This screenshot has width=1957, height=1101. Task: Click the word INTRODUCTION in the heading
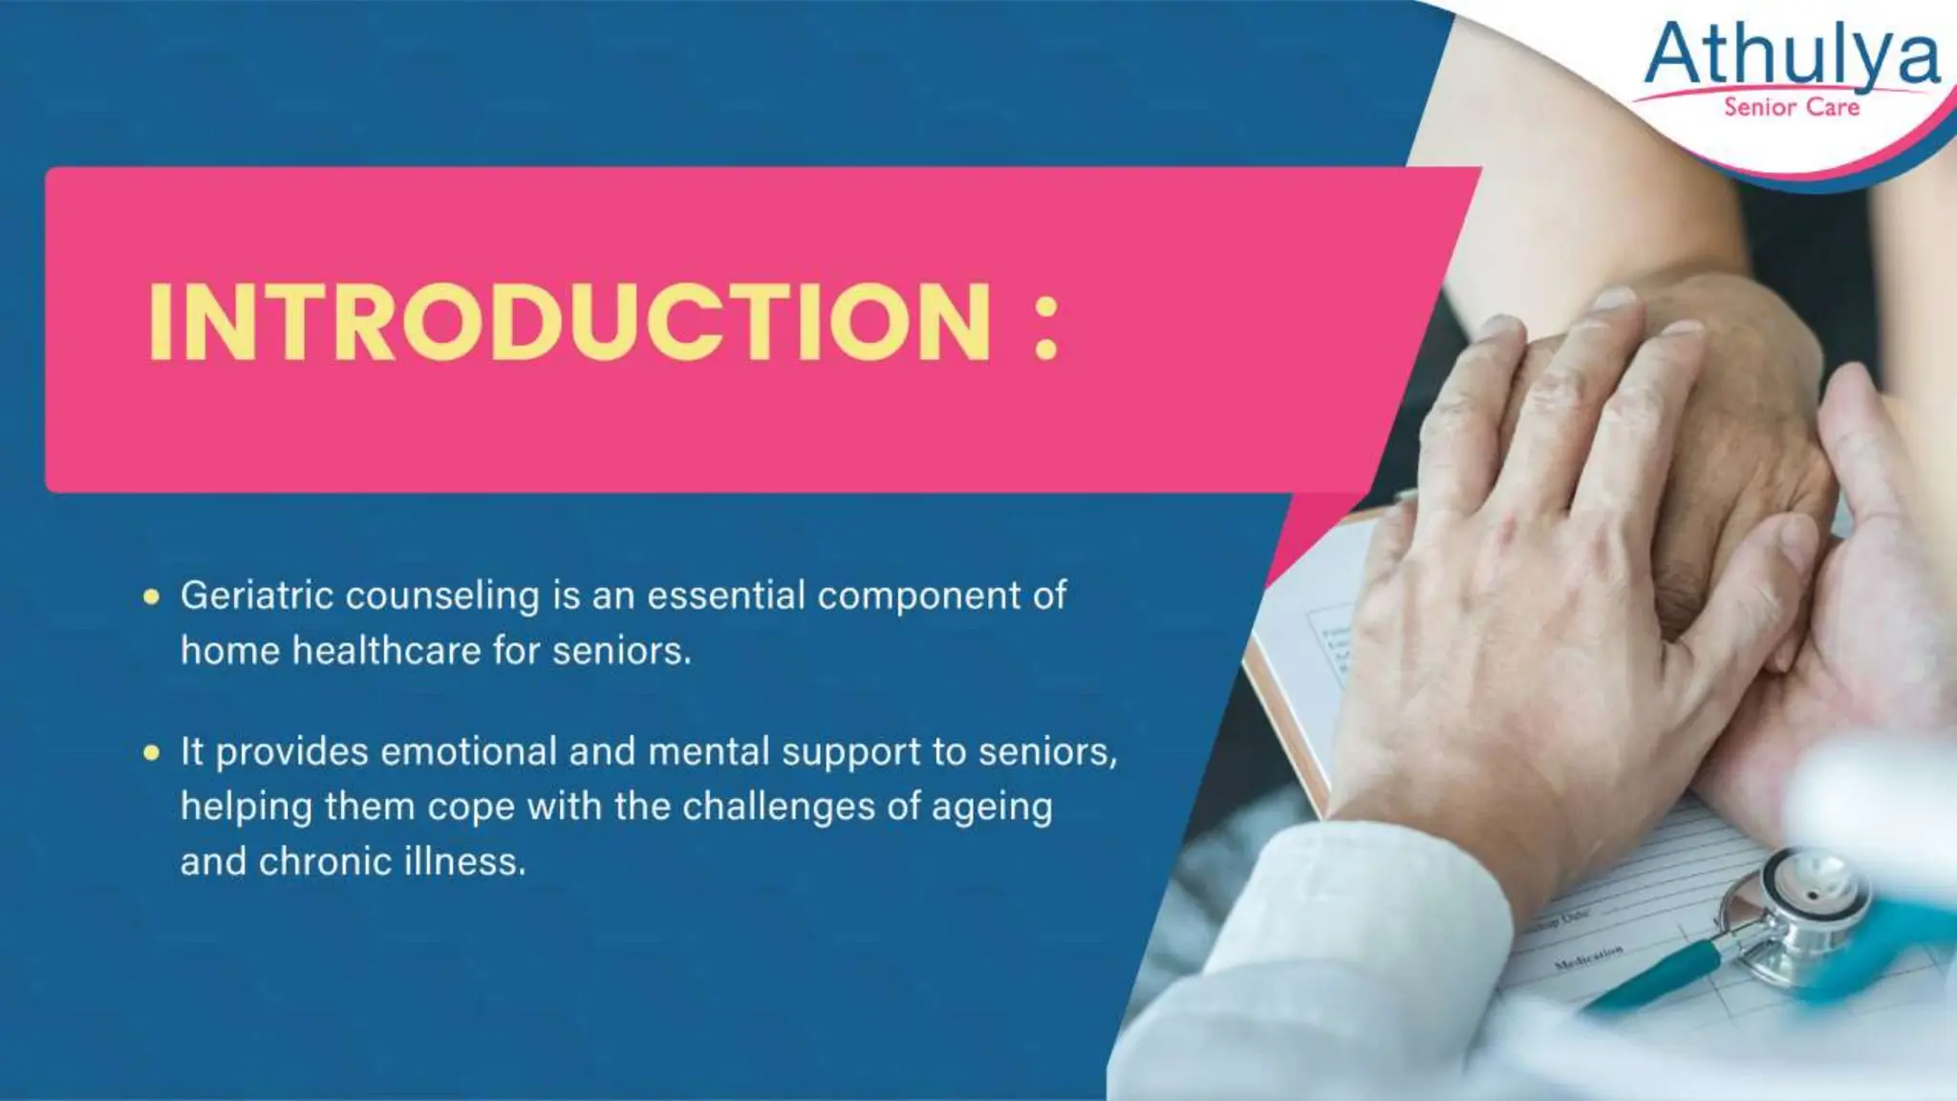tap(570, 322)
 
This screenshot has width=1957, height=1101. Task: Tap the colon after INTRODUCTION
tap(1046, 327)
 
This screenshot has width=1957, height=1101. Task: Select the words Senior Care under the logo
tap(1792, 107)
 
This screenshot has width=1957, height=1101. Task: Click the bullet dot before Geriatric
tap(151, 597)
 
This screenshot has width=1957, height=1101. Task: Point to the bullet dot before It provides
tap(151, 753)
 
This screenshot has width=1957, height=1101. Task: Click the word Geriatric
tap(256, 596)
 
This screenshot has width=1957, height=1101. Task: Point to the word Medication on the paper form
tap(1588, 957)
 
